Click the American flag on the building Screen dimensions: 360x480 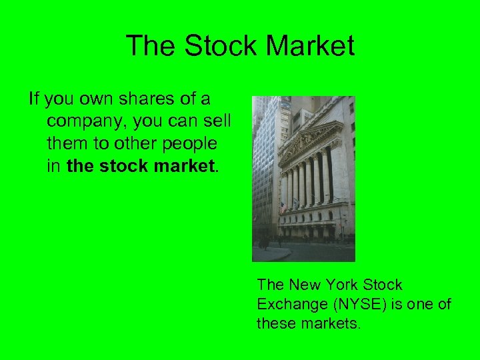(x=284, y=207)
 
